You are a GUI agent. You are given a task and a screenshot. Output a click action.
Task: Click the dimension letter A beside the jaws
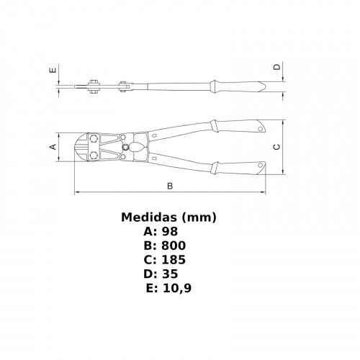(x=53, y=146)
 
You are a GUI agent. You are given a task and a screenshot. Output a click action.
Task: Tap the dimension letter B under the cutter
(x=170, y=186)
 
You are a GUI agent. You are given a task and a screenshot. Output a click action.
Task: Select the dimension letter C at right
(x=277, y=147)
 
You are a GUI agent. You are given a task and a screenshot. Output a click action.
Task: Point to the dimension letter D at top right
(x=277, y=67)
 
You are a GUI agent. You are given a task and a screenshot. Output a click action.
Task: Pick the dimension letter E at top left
(x=53, y=70)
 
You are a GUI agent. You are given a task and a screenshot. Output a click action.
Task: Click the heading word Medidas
(x=149, y=217)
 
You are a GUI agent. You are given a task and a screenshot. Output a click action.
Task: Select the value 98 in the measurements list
(x=170, y=231)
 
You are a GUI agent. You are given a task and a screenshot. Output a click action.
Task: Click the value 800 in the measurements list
(x=174, y=246)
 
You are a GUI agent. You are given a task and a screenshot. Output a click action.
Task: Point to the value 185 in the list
(x=174, y=260)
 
